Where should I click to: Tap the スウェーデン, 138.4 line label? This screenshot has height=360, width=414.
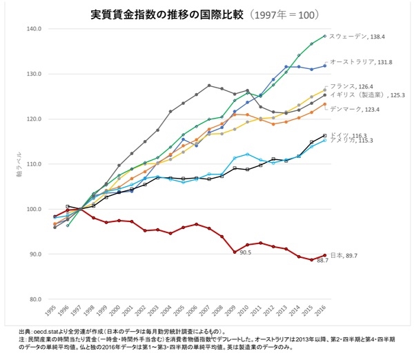click(x=363, y=36)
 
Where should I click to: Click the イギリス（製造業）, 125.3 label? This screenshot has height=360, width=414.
click(x=366, y=94)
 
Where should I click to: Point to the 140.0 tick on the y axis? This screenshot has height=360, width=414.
click(x=34, y=29)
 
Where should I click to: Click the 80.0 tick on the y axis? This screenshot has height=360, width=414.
click(x=35, y=299)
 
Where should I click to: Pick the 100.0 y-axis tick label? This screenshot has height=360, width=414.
click(x=34, y=209)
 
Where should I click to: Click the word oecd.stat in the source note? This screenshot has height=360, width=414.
click(x=59, y=331)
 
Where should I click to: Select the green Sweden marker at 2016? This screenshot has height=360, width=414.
click(x=324, y=36)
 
